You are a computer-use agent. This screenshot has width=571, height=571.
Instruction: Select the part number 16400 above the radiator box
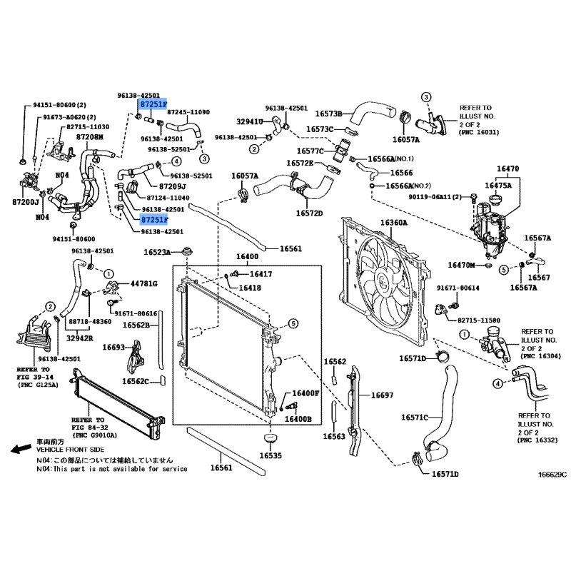247,257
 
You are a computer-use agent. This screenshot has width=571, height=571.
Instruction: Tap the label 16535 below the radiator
271,455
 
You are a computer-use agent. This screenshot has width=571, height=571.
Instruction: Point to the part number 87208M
90,137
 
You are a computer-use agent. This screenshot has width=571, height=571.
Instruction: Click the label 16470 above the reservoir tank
507,169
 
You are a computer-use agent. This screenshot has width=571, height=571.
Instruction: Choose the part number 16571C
414,417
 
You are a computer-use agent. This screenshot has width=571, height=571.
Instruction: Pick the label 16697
381,394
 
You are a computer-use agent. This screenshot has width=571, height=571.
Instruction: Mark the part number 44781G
143,284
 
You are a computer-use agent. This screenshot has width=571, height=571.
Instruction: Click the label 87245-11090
188,113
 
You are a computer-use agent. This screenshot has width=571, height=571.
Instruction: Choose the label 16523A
156,252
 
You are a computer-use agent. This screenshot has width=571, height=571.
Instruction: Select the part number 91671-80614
458,288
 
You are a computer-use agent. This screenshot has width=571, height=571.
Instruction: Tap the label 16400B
298,419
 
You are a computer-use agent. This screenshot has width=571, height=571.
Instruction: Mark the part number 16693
113,347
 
